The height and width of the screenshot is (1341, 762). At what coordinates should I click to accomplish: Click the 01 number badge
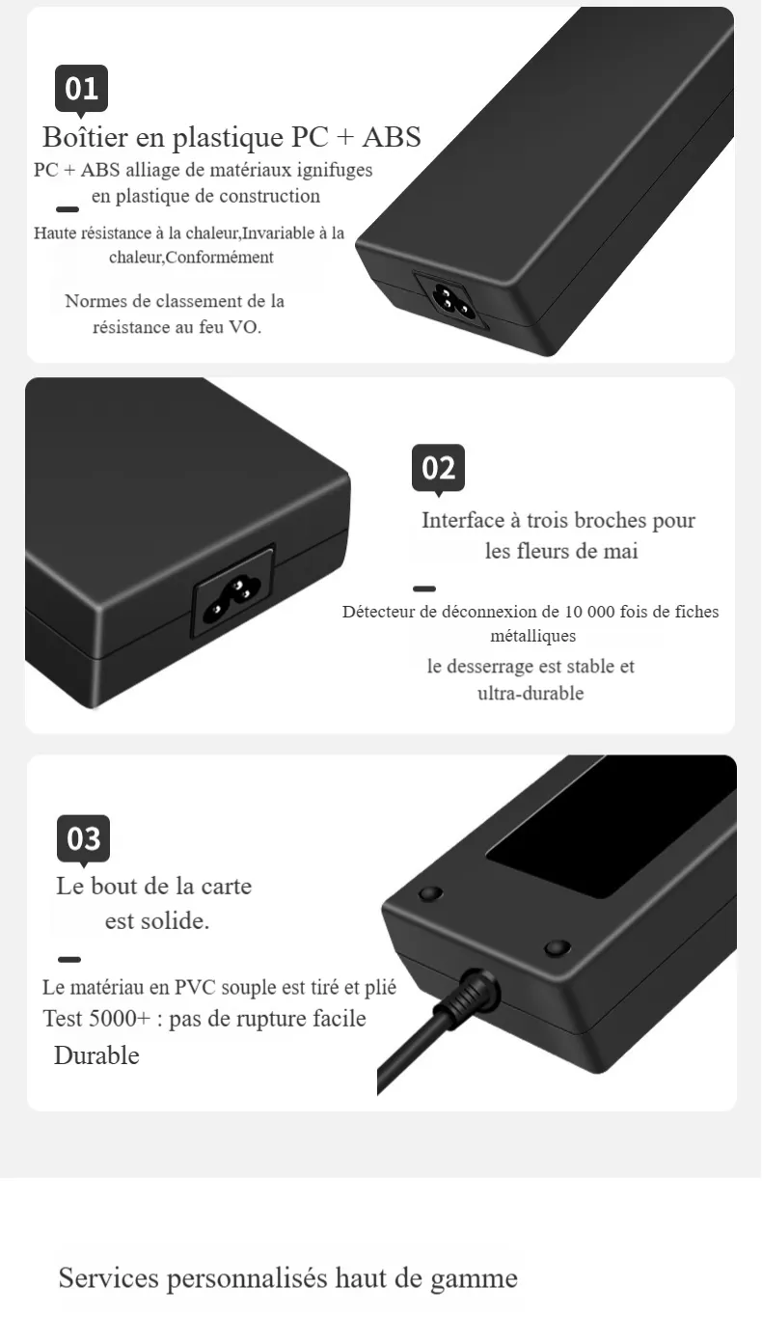[x=81, y=89]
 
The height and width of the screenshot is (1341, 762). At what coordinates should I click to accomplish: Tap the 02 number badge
[x=438, y=468]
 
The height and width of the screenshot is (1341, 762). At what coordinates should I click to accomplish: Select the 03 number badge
[x=83, y=839]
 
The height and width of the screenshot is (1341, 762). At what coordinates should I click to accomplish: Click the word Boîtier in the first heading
[x=85, y=137]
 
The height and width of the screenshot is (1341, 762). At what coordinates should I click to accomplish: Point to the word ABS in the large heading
[x=392, y=137]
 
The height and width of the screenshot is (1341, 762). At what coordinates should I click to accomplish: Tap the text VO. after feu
[x=245, y=327]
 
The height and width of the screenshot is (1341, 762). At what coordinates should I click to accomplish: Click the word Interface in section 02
[x=463, y=520]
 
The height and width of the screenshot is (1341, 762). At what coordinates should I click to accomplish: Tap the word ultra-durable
[x=531, y=694]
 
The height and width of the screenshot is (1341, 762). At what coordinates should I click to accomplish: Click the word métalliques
[x=532, y=636]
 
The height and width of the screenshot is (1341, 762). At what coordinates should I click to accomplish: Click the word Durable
[x=96, y=1055]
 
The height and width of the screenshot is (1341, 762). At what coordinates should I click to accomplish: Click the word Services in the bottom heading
[x=108, y=1278]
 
